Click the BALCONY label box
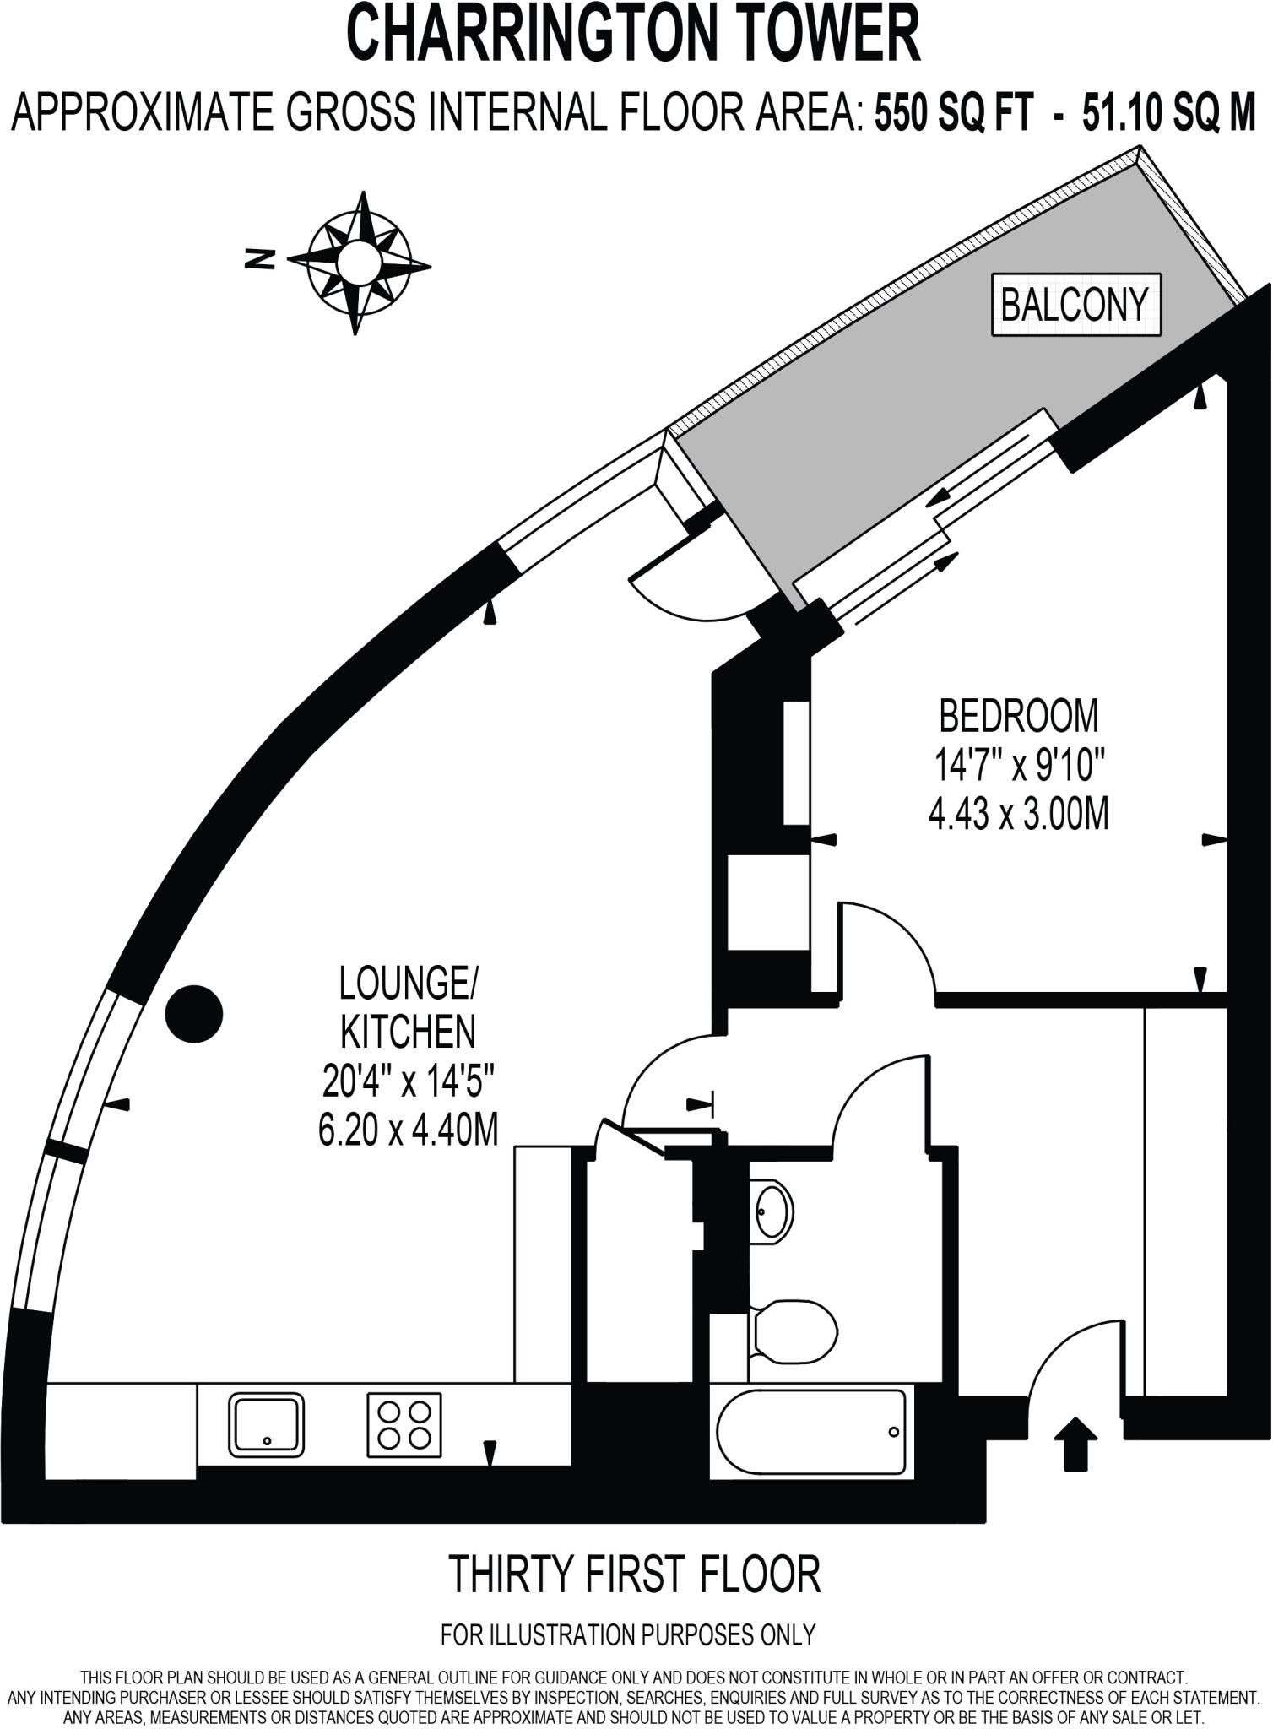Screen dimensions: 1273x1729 [x=1075, y=304]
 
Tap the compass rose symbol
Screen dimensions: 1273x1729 [x=359, y=263]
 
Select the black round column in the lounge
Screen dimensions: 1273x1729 [x=193, y=1013]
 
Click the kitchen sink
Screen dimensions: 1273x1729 [x=267, y=1424]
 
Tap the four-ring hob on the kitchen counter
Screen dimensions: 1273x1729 [x=404, y=1424]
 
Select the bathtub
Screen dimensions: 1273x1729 [x=812, y=1432]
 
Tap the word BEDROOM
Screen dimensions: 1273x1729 [x=1020, y=717]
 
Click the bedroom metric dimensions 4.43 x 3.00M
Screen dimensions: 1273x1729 [x=1019, y=815]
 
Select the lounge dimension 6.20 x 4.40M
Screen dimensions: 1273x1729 [x=409, y=1130]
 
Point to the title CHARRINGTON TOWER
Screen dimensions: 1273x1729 [x=634, y=33]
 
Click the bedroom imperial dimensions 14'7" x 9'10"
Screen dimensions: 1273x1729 [x=1019, y=767]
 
